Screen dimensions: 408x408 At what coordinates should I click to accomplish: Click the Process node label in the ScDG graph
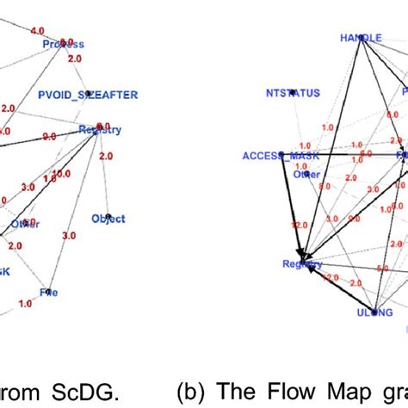pos(64,44)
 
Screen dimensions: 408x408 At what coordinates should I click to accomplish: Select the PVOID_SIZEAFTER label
pos(88,94)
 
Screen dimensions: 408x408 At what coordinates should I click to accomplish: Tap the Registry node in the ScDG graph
pos(100,130)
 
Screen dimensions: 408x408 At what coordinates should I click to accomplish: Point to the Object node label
pos(108,219)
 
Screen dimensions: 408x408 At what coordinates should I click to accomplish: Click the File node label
pos(49,292)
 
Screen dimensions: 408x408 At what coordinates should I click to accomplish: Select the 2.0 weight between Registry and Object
pos(105,157)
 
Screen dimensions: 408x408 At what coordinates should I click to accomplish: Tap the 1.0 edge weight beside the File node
pos(25,303)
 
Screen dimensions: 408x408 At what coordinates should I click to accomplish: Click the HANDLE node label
pos(361,38)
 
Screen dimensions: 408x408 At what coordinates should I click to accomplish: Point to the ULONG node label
pos(374,312)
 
